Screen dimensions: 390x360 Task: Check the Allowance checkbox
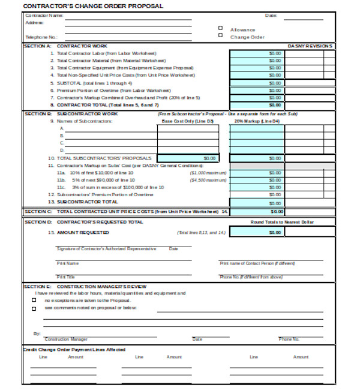point(220,28)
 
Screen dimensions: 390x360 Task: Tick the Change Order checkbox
point(220,36)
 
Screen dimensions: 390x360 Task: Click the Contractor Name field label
point(44,15)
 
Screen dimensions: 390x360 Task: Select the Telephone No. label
point(41,37)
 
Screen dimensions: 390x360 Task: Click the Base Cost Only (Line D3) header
point(188,121)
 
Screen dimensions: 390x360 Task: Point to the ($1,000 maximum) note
point(208,172)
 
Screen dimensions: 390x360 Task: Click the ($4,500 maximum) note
point(208,179)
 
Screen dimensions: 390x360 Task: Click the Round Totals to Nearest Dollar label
point(281,222)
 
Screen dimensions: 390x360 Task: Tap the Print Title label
point(65,277)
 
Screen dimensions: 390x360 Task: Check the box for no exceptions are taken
point(34,300)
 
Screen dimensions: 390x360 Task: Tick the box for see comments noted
point(34,308)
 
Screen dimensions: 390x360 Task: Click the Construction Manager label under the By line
point(66,340)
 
